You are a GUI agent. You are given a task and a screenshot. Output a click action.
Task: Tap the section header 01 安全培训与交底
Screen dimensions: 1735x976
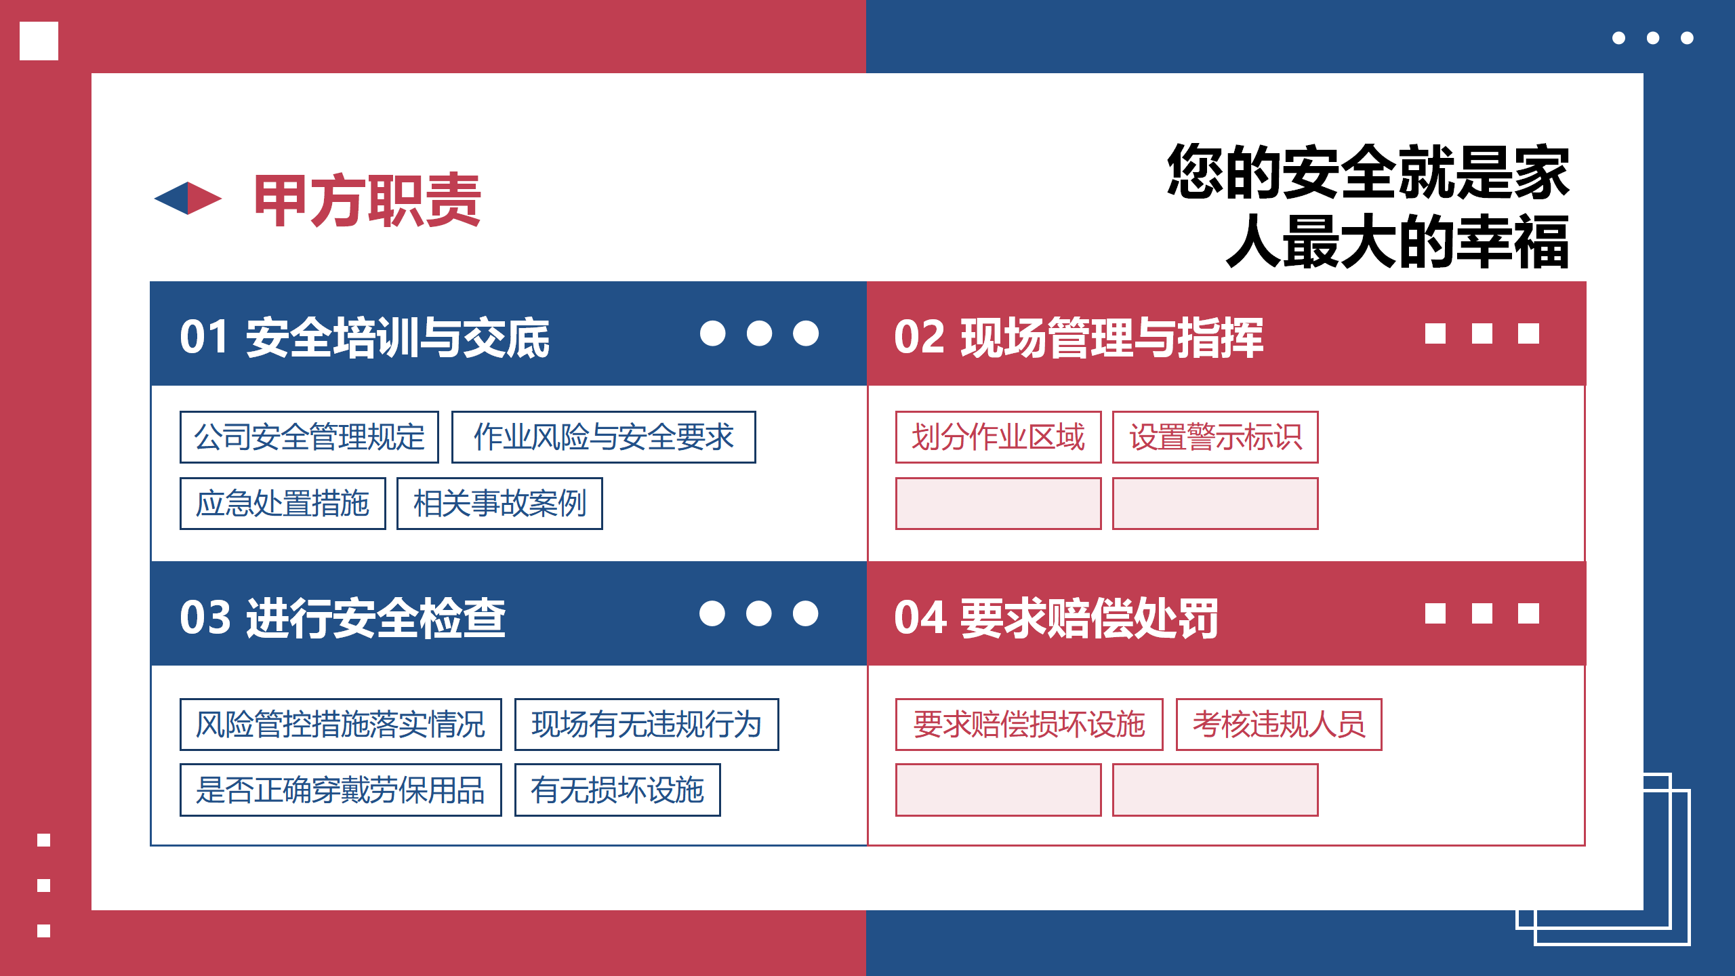[x=365, y=337]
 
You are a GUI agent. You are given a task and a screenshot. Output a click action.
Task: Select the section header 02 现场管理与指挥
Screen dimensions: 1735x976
[x=1079, y=337]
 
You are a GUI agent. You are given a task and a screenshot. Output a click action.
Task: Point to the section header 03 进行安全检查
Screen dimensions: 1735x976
[x=343, y=617]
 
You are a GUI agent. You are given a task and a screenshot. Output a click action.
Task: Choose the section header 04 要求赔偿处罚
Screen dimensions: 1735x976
[x=1056, y=617]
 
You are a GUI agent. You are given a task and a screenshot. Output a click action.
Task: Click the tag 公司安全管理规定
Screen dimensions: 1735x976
[x=309, y=437]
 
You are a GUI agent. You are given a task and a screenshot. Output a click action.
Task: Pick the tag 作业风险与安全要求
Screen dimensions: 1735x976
[x=603, y=437]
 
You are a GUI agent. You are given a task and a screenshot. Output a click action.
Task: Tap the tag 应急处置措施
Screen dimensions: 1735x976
[x=283, y=504]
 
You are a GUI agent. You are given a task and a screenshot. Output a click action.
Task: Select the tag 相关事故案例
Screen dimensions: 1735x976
[x=499, y=504]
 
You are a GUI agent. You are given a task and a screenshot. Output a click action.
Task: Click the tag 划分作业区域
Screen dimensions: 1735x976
[x=998, y=437]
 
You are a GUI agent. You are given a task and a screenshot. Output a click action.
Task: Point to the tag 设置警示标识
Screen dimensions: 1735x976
[x=1215, y=437]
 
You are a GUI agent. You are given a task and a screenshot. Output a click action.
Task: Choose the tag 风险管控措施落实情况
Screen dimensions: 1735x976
[x=341, y=725]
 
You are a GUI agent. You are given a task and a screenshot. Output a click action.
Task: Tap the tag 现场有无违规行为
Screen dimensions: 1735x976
[x=647, y=725]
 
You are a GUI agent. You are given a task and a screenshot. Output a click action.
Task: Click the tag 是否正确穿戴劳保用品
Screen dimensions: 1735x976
[x=341, y=790]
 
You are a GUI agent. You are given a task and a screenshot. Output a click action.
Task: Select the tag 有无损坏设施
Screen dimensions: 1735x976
[x=617, y=790]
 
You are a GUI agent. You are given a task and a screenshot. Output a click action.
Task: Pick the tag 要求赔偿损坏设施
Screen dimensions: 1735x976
[x=1029, y=725]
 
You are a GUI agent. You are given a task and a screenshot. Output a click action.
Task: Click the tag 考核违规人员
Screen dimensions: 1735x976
[x=1279, y=725]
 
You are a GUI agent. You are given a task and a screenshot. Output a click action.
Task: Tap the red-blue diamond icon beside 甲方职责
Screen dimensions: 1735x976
[x=188, y=198]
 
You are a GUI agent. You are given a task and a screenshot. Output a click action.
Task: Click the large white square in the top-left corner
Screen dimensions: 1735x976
[x=39, y=41]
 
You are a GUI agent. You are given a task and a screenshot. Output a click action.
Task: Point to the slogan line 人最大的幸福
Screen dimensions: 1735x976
[x=1397, y=241]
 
